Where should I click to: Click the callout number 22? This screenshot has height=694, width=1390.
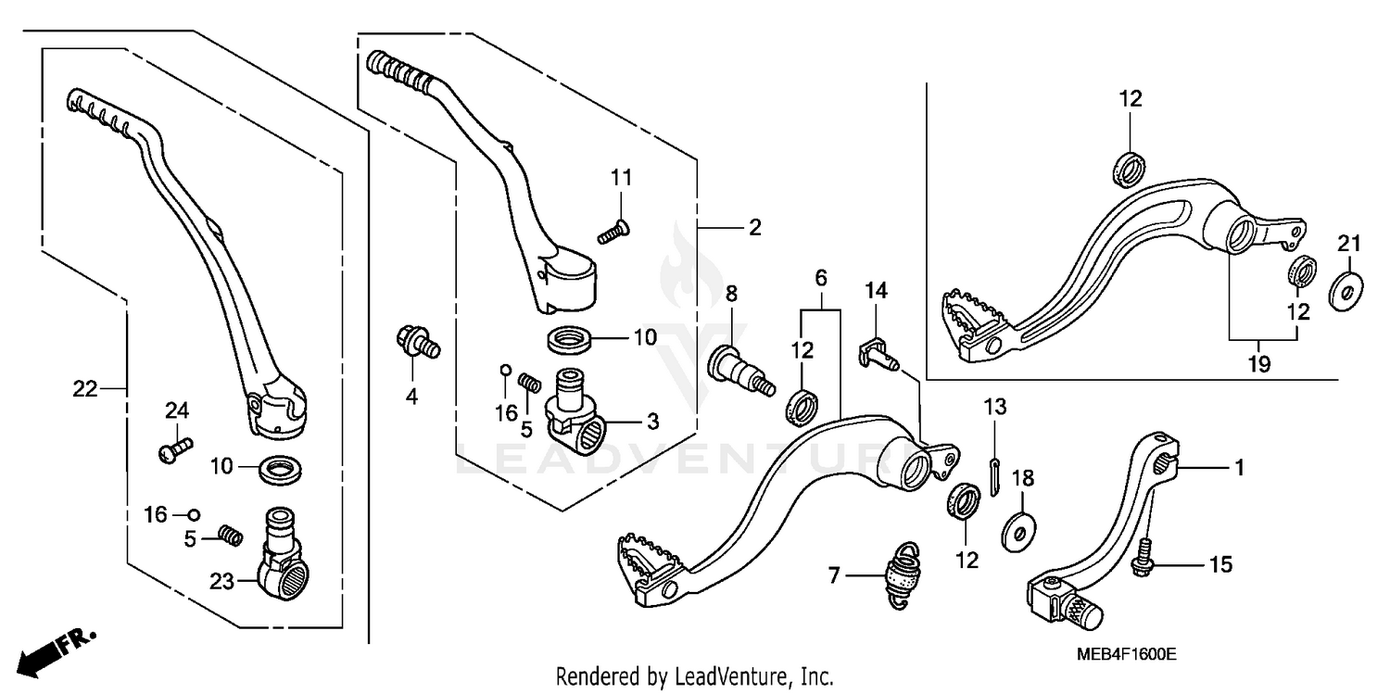[85, 390]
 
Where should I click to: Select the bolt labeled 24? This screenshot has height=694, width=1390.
[172, 450]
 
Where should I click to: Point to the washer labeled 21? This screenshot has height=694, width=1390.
[1344, 290]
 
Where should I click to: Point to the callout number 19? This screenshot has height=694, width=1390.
[1257, 363]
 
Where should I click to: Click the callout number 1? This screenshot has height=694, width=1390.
[1238, 469]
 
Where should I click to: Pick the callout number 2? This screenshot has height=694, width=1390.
[754, 227]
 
